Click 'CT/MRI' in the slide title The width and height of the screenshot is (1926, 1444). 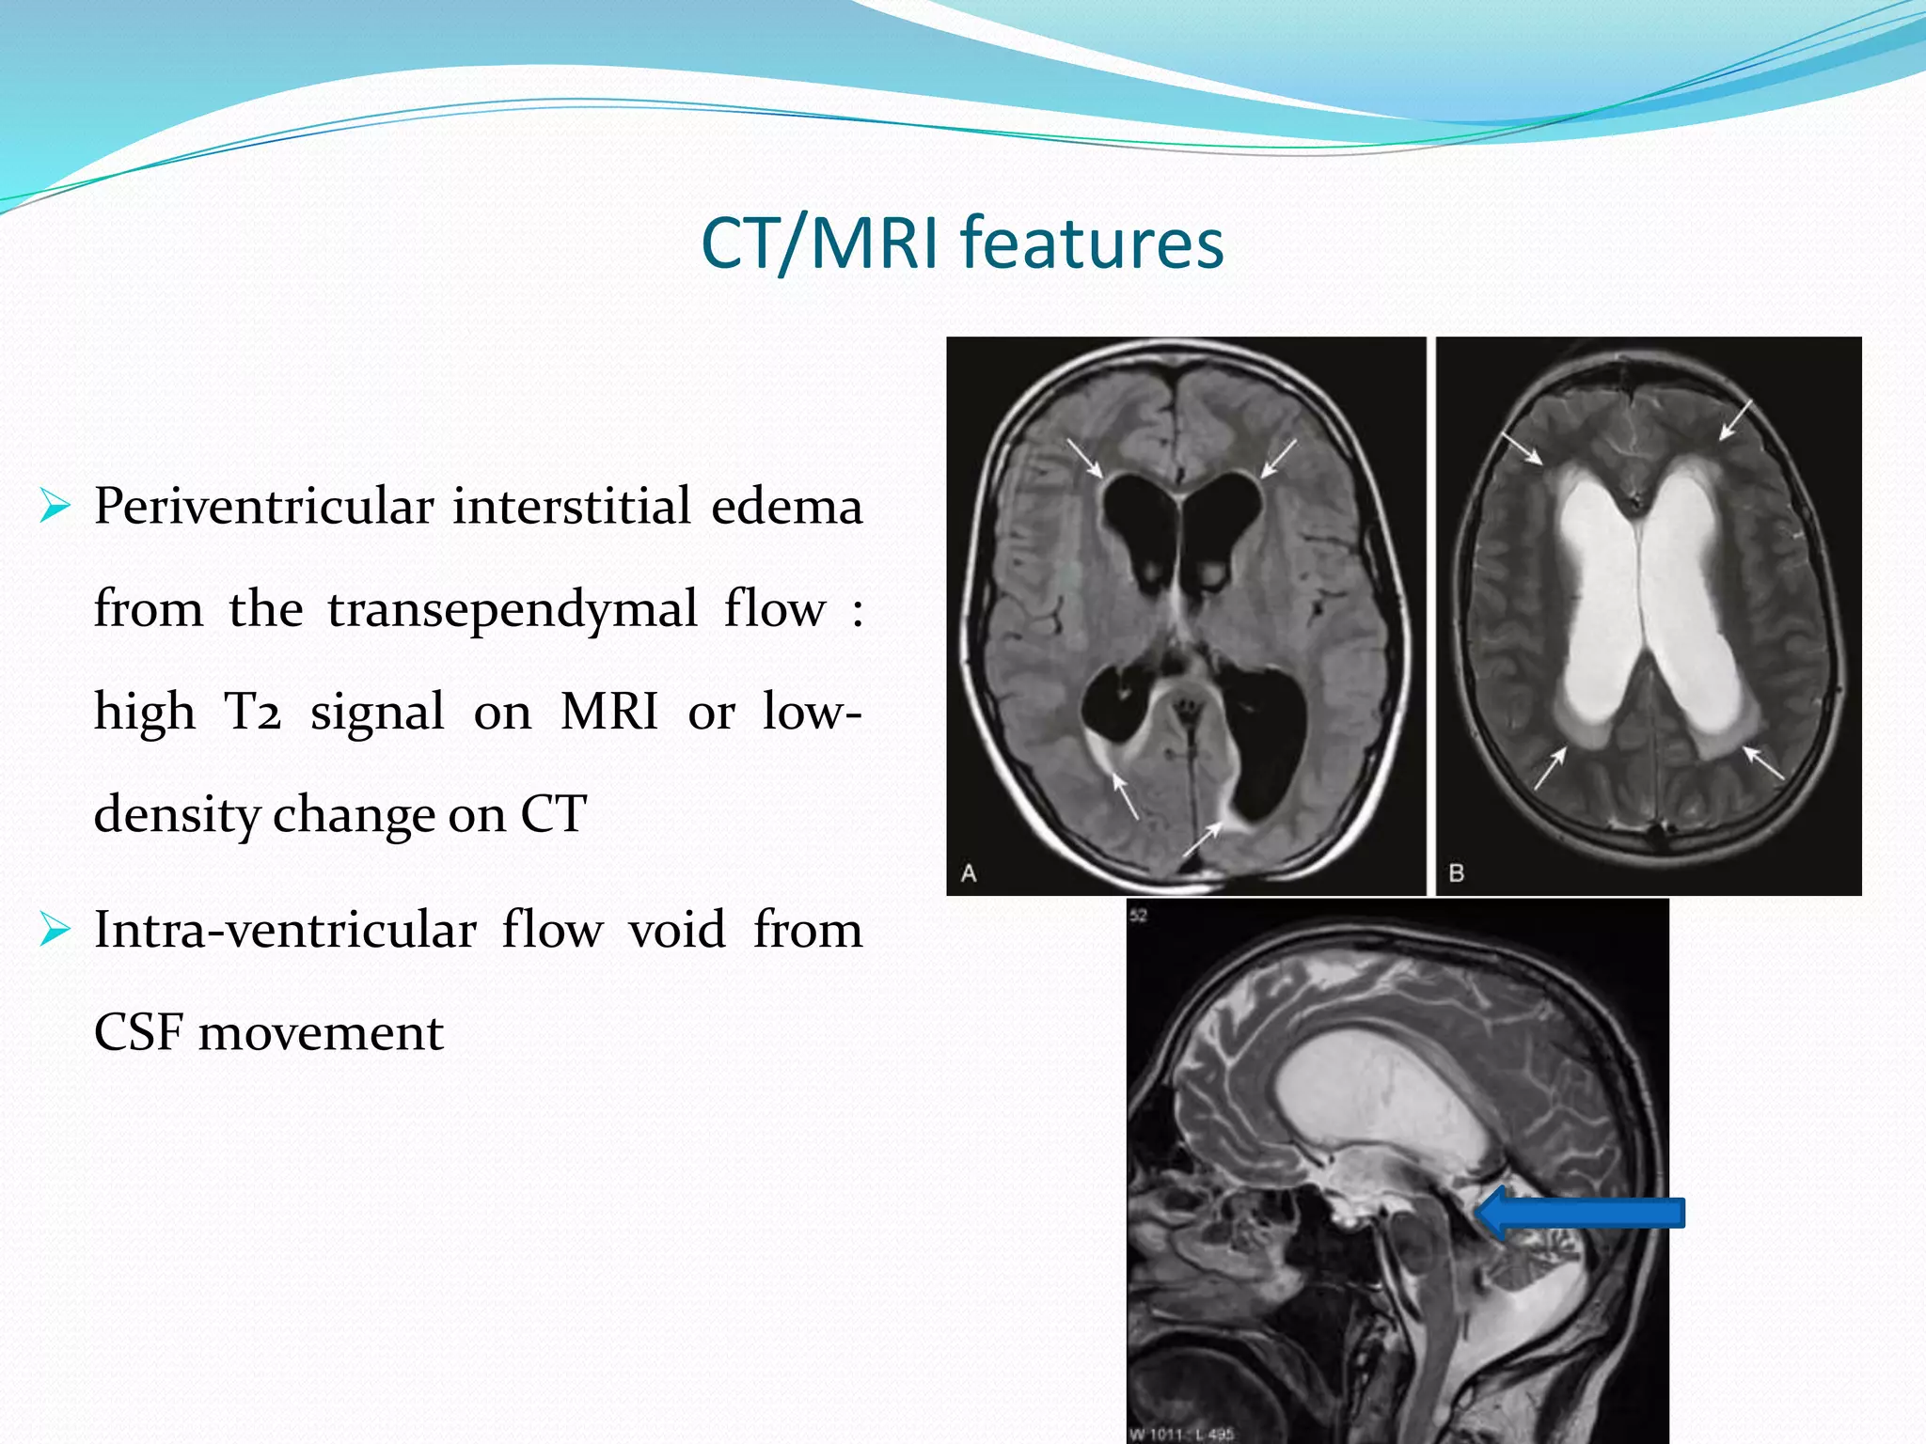tap(819, 243)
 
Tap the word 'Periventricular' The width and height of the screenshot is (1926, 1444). tap(263, 508)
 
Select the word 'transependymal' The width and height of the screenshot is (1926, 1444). tap(513, 609)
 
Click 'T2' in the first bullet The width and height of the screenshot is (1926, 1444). tap(252, 712)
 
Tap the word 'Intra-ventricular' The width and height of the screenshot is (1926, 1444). tap(285, 931)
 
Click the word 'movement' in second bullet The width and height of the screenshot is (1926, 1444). tap(321, 1032)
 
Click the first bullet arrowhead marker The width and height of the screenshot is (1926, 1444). tap(55, 507)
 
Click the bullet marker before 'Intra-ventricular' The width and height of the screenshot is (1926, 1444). tap(55, 931)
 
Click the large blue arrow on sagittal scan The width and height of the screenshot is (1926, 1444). tap(1580, 1213)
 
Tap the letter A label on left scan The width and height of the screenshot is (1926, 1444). tap(969, 873)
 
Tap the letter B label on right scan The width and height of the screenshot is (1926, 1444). tap(1457, 873)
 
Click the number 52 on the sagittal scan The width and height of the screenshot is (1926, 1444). tap(1139, 916)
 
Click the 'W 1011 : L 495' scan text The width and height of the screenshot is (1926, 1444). tap(1180, 1434)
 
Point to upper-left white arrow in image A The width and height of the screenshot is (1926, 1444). tap(1085, 458)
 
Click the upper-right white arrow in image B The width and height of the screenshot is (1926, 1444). tap(1736, 418)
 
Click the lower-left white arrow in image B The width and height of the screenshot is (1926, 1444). tap(1551, 767)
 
